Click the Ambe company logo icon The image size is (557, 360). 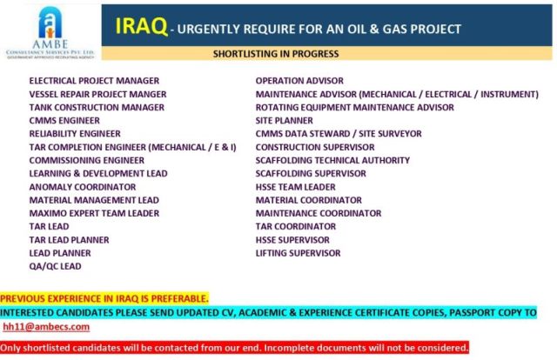(x=50, y=23)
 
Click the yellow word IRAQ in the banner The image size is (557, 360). (x=141, y=26)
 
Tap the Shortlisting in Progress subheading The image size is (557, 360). (x=276, y=54)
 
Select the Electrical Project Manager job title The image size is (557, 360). (x=94, y=81)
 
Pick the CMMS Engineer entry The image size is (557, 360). (x=64, y=120)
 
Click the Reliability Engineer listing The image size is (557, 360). (x=75, y=134)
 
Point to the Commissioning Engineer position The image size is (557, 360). (x=87, y=160)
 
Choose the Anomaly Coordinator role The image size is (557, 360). (x=83, y=187)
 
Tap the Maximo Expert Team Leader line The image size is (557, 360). (x=94, y=213)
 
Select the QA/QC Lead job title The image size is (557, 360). (x=55, y=266)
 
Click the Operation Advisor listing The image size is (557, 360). (x=299, y=81)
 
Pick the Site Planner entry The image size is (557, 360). (x=285, y=120)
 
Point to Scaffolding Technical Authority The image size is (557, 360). (x=332, y=160)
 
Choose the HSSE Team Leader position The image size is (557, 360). (x=296, y=187)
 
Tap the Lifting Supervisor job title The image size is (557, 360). (x=298, y=253)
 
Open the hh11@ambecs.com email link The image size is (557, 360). (x=46, y=327)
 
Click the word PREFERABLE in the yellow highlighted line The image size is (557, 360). (x=179, y=298)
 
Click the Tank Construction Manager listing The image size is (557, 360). (x=97, y=107)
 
